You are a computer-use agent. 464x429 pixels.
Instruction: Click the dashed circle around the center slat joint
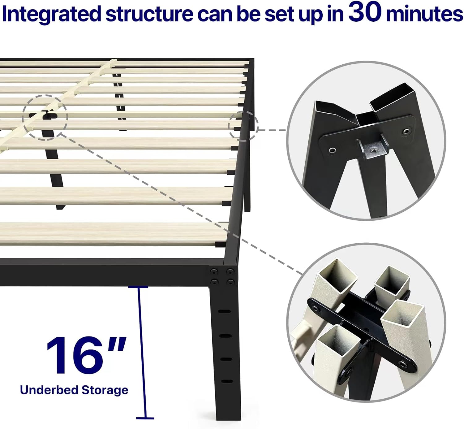point(45,118)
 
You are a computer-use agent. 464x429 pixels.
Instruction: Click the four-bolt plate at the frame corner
point(222,276)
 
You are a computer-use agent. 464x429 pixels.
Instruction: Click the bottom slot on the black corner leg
point(227,381)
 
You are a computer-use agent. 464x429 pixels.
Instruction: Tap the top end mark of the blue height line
point(138,287)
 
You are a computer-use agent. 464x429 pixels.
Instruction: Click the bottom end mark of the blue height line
point(145,418)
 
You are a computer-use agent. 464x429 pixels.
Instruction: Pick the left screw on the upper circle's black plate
point(333,151)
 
